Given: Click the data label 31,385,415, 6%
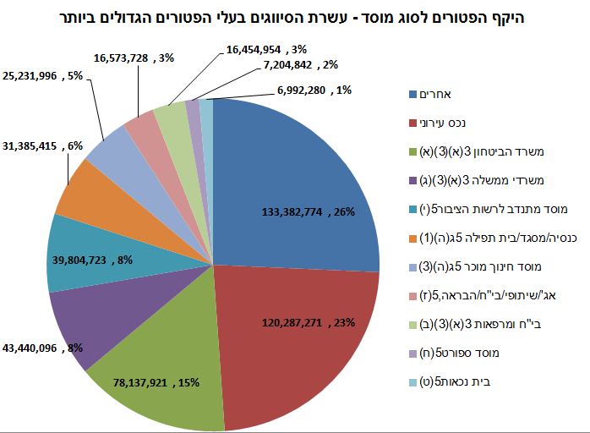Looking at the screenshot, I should tap(56, 145).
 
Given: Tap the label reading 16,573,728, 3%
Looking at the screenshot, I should tap(132, 58).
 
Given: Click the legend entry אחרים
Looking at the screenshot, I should tap(440, 94).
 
